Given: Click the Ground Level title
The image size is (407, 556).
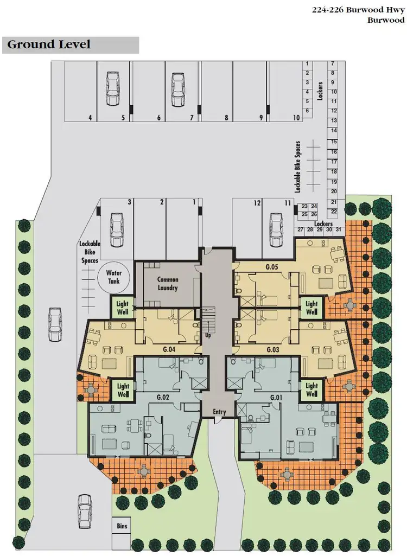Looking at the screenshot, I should [x=49, y=44].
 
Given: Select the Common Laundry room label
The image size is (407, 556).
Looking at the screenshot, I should [x=168, y=283].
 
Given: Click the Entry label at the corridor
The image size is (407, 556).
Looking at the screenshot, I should [x=219, y=412].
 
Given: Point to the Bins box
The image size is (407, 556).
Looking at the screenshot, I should [x=122, y=526].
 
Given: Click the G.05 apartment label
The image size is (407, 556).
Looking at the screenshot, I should [x=272, y=266].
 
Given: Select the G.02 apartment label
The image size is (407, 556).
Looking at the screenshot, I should [x=163, y=398].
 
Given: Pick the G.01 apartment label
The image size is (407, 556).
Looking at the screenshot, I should [x=277, y=398].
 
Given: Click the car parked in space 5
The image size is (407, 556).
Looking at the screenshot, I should [x=113, y=88].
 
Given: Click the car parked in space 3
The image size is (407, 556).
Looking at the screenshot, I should [x=116, y=229].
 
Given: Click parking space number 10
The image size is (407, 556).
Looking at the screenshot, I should [x=296, y=117].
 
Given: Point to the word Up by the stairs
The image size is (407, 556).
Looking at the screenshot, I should [x=208, y=335].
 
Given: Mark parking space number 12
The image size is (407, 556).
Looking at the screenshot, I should [x=257, y=202].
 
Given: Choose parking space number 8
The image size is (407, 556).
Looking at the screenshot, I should [x=226, y=117].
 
